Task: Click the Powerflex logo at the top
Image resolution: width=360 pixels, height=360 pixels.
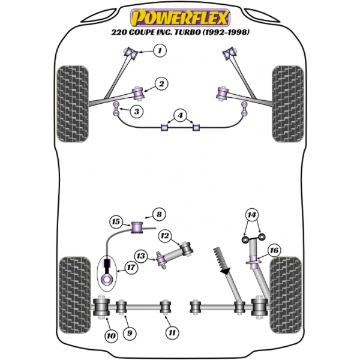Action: [x=179, y=14]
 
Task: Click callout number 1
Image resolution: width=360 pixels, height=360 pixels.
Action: [x=159, y=51]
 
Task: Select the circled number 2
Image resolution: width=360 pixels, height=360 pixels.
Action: [x=161, y=84]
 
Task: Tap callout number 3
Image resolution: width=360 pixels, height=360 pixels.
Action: [x=137, y=112]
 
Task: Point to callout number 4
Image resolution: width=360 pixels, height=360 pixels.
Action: [x=179, y=115]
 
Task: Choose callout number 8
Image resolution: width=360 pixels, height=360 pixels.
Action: [x=158, y=214]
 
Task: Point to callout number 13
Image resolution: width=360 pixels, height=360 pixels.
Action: [x=141, y=256]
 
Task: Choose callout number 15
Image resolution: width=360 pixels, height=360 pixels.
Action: [x=116, y=222]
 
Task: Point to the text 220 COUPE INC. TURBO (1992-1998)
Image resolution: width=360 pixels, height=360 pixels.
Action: [x=179, y=33]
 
